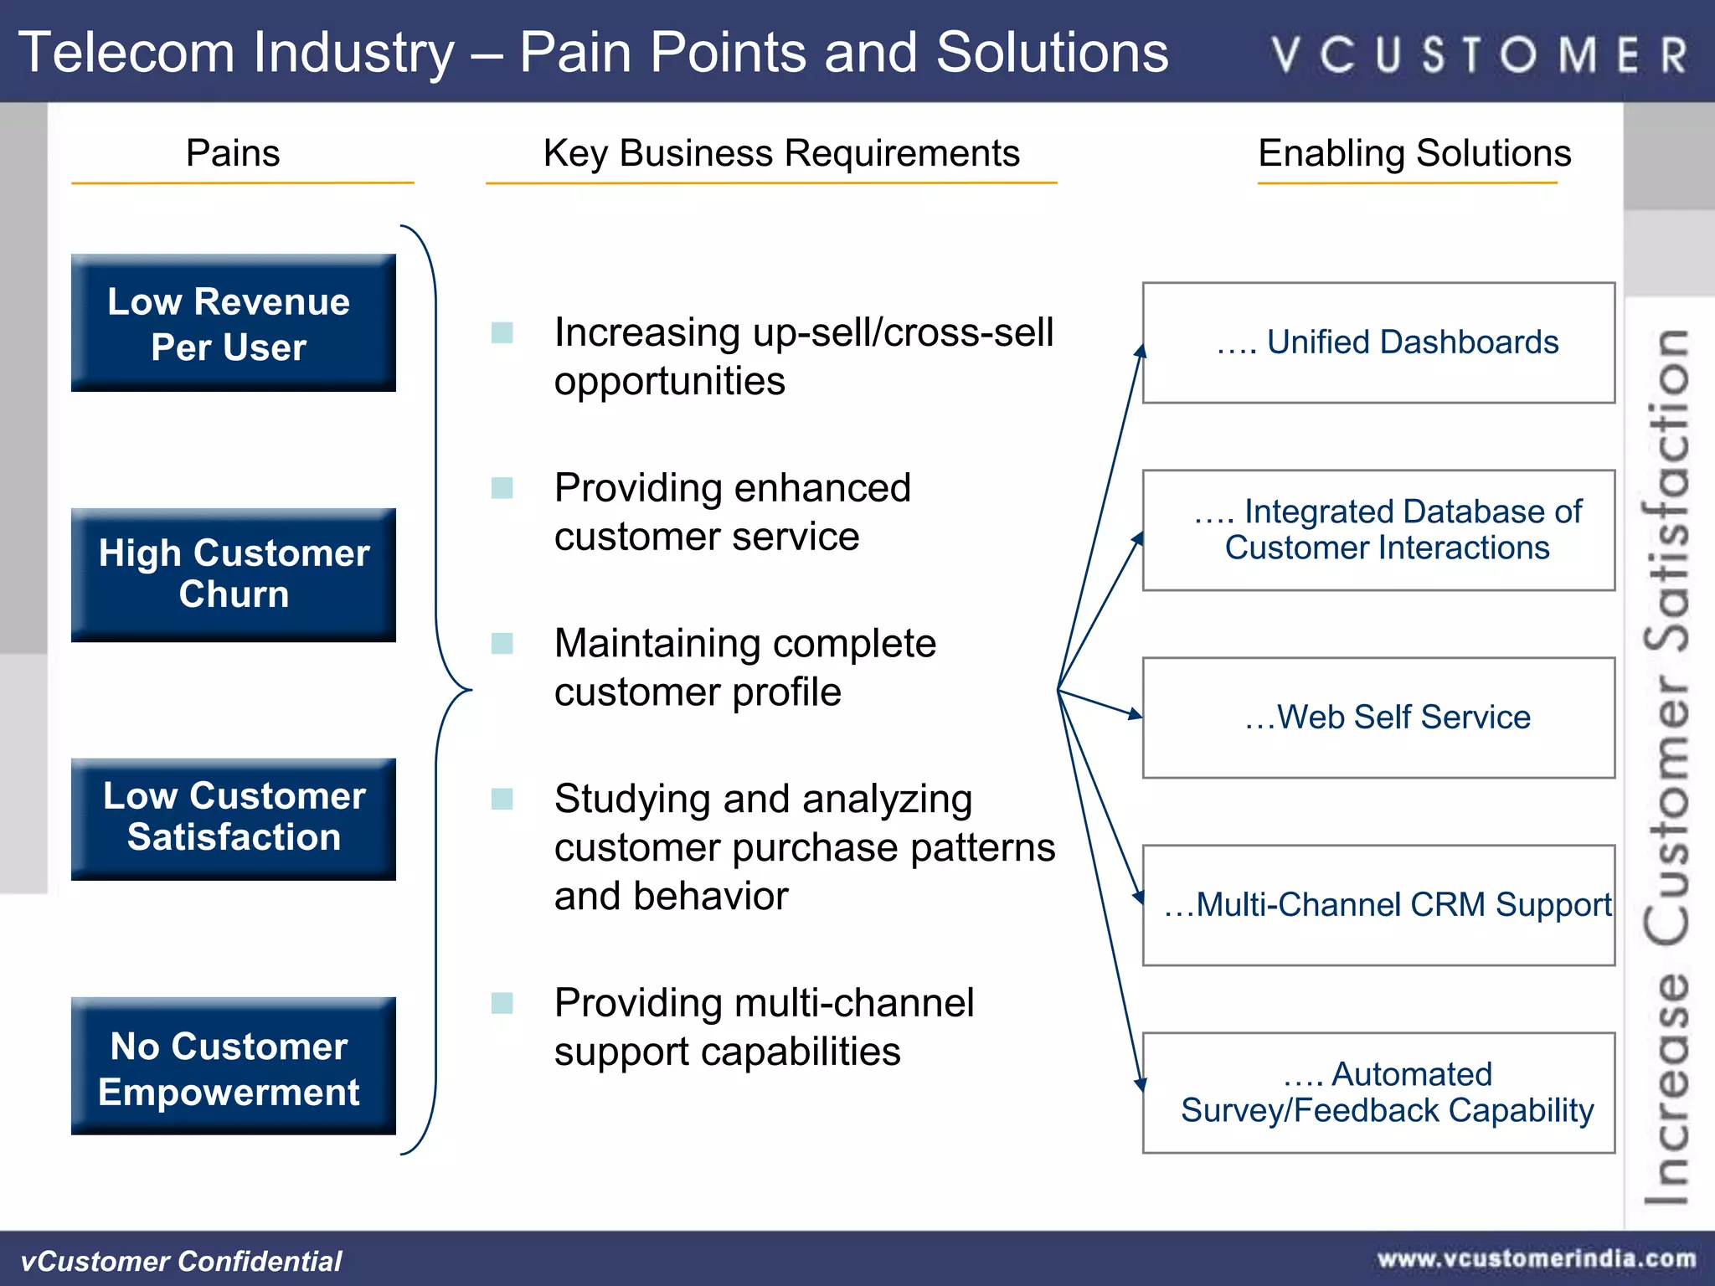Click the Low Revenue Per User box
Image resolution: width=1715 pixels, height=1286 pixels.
pos(233,323)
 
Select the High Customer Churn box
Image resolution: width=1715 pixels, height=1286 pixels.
pos(233,574)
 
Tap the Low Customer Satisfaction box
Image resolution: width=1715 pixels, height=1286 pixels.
pos(233,818)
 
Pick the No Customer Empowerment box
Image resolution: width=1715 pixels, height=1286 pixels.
pos(233,1066)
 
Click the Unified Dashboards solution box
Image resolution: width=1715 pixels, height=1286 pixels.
pos(1378,343)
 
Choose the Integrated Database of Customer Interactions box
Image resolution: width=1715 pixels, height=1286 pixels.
pos(1378,530)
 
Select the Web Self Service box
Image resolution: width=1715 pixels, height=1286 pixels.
pos(1378,718)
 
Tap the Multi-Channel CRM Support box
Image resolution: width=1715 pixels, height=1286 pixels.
pos(1378,905)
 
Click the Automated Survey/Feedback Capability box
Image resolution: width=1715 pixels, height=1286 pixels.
pos(1378,1093)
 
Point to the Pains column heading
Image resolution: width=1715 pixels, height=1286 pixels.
pos(233,153)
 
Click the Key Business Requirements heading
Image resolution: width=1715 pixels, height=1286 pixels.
pos(780,153)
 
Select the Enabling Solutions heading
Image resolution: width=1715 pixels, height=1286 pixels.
pos(1414,153)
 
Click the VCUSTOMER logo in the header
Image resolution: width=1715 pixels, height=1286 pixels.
pos(1479,54)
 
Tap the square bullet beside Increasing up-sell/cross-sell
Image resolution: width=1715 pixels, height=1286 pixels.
pos(502,333)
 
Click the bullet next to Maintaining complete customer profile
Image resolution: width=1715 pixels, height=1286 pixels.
pos(502,644)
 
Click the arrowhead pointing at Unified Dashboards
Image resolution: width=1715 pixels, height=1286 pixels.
pos(1140,352)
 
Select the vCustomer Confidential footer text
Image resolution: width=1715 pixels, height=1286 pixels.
pos(181,1261)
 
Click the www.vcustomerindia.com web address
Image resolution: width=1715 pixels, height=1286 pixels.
pos(1537,1259)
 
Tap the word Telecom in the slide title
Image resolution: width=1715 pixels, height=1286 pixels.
pos(126,53)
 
